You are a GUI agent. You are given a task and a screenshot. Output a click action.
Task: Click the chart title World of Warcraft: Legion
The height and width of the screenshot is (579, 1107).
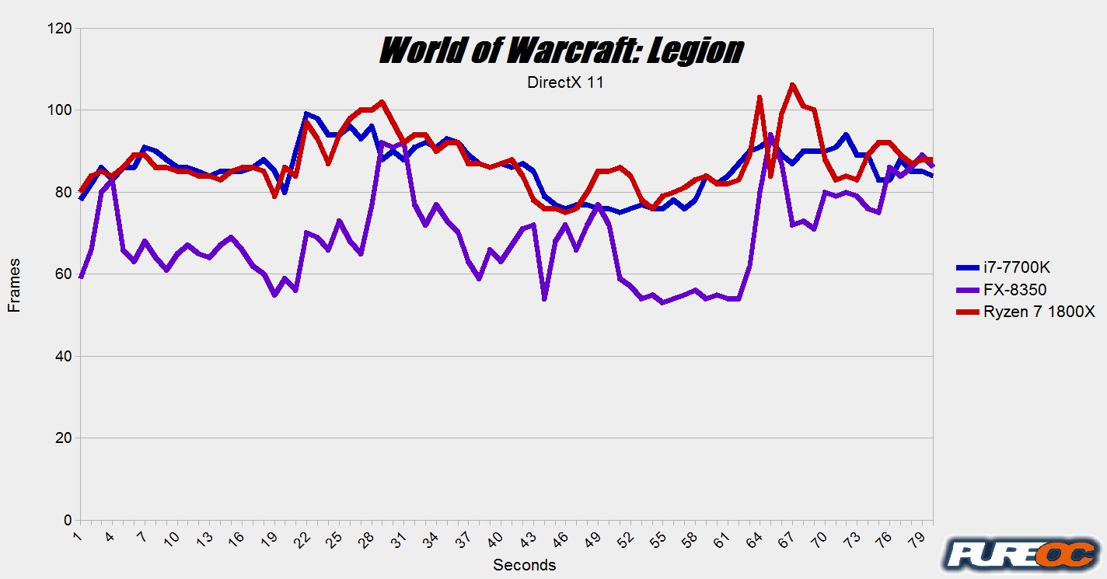(x=561, y=51)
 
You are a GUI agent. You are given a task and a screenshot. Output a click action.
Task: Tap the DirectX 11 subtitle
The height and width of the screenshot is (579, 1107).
(x=565, y=83)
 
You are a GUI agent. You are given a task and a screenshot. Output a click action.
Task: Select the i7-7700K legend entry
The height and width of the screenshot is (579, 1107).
(x=1003, y=268)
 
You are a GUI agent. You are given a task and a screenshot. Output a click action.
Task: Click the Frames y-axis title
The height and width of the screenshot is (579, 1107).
(x=14, y=286)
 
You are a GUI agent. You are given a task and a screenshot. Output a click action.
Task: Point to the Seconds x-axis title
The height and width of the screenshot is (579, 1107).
(x=525, y=565)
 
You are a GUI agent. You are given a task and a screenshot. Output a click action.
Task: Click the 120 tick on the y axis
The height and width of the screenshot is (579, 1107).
(x=60, y=29)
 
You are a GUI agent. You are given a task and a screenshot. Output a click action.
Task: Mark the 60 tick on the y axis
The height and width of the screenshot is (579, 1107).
(x=64, y=274)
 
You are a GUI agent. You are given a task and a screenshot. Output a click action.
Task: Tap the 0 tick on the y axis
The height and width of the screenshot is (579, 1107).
(x=68, y=520)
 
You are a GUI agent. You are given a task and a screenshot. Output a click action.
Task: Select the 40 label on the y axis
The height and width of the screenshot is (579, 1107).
(x=64, y=356)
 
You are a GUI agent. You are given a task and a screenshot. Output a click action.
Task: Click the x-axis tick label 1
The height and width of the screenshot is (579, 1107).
(x=79, y=536)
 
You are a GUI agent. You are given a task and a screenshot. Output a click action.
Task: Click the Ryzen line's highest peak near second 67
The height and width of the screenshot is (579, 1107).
(x=792, y=85)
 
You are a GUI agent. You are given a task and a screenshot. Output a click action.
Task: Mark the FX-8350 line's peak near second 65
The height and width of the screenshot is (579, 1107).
(x=770, y=135)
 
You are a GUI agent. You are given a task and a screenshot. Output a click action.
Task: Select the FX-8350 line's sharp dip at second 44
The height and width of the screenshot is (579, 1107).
(x=544, y=298)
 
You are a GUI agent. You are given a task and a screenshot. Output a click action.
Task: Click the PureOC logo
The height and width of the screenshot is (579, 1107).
(x=1020, y=554)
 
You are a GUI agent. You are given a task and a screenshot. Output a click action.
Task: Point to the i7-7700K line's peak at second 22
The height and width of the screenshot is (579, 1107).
(x=306, y=113)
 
